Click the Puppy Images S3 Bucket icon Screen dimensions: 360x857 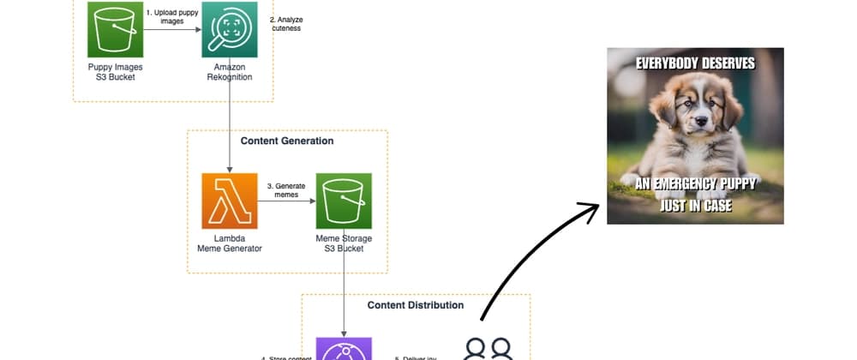(115, 29)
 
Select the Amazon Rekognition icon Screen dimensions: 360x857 (229, 29)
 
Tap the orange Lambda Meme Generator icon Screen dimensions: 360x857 (229, 201)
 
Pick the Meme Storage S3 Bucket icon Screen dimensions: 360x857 (344, 201)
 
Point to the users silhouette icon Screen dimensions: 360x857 (488, 349)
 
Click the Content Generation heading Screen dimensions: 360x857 (287, 141)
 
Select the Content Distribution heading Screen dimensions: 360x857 (416, 305)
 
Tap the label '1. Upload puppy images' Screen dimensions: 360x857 (172, 17)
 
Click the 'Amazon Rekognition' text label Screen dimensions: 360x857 (229, 72)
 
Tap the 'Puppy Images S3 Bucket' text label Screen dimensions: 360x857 (115, 72)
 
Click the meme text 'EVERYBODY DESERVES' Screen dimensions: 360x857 (695, 63)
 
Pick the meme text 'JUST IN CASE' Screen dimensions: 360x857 (695, 206)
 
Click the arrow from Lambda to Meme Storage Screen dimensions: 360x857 (286, 201)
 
